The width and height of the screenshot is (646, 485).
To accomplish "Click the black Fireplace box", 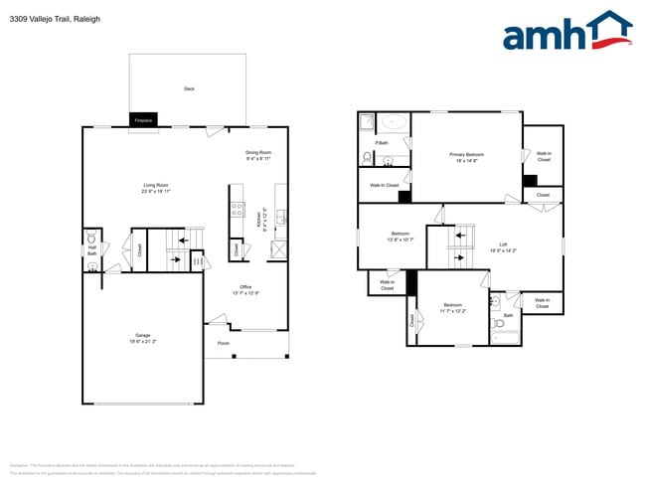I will coord(143,120).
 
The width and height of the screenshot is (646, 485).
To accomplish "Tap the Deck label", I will coord(189,88).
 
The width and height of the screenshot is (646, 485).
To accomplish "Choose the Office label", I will coord(245,287).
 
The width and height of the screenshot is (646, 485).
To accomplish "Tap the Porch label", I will coord(224,344).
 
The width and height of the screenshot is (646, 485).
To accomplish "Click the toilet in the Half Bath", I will coord(91,238).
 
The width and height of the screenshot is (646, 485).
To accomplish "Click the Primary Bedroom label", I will coord(466,155).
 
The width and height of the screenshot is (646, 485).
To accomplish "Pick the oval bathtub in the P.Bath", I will coord(395,123).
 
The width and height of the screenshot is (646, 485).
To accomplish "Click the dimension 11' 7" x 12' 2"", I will coord(453,311).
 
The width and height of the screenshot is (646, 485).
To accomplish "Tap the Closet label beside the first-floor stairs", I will coord(139,248).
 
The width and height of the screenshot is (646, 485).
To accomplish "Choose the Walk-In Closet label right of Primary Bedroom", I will coord(544,156).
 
